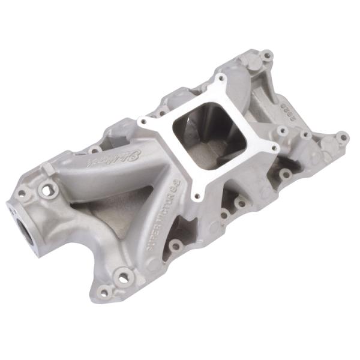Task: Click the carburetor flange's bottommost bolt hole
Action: tap(196, 193)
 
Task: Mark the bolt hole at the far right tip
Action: tap(343, 137)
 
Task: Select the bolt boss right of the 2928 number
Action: tap(307, 134)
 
